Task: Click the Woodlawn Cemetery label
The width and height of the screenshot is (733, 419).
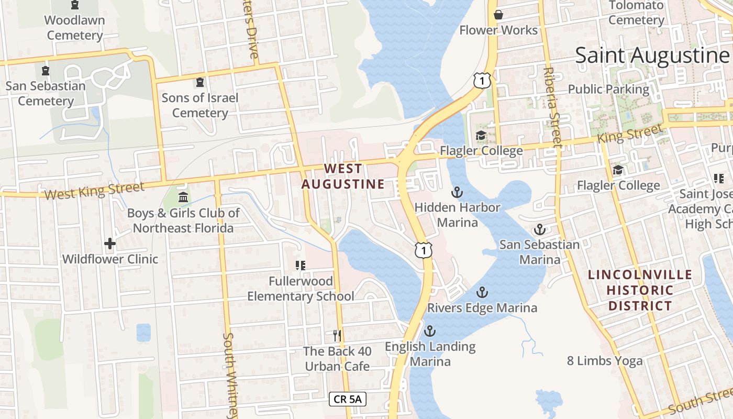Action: [x=75, y=28]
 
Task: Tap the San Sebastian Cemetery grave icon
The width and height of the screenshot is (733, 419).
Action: [x=46, y=70]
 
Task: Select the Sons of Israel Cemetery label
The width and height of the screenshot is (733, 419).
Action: [x=199, y=105]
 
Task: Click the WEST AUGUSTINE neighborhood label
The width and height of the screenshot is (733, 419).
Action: [x=343, y=177]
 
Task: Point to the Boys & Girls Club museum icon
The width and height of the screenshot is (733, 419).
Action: [x=184, y=197]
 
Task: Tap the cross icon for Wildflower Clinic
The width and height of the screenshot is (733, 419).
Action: [x=109, y=244]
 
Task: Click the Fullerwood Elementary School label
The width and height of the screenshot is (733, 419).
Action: [x=301, y=289]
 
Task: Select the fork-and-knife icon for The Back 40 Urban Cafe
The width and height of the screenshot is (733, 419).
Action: [x=337, y=335]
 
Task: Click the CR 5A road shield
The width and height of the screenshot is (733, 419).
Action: [x=348, y=399]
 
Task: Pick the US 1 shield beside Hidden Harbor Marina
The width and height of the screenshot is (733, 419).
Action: [x=424, y=250]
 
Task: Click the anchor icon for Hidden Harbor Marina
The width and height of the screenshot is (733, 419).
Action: [x=457, y=192]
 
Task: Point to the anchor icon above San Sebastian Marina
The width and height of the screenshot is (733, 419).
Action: [x=539, y=229]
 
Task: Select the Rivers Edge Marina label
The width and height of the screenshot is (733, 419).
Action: [x=482, y=307]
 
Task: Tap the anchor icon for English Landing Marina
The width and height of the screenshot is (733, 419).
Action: [x=429, y=331]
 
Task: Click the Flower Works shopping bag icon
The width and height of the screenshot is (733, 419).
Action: [x=498, y=15]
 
